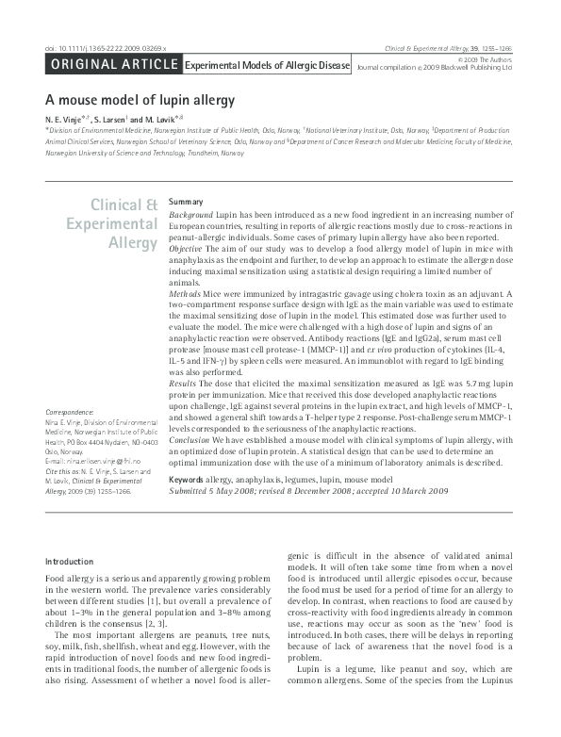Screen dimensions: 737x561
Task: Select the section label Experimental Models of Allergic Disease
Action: click(x=266, y=66)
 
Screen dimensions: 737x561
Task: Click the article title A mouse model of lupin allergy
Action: click(x=140, y=99)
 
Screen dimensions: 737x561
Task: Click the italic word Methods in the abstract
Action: click(x=185, y=295)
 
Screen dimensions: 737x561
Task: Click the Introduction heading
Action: click(x=70, y=562)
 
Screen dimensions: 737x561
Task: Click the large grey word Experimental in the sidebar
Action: click(x=112, y=224)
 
